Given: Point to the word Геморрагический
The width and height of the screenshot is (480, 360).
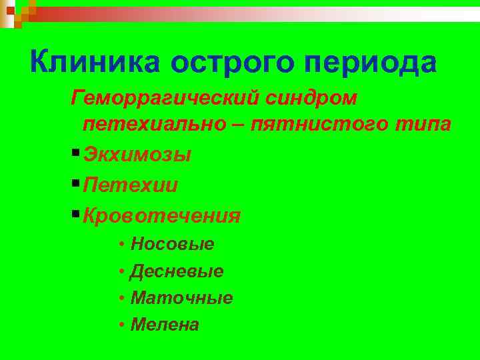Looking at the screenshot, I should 169,98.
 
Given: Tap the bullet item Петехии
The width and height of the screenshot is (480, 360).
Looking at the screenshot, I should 131,185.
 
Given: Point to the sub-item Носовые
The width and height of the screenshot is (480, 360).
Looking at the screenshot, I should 173,244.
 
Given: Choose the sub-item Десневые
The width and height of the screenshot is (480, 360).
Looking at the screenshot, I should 177,271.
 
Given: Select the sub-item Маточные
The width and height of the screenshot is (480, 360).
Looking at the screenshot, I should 182,298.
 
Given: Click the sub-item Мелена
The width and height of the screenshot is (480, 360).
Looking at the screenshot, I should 165,325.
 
